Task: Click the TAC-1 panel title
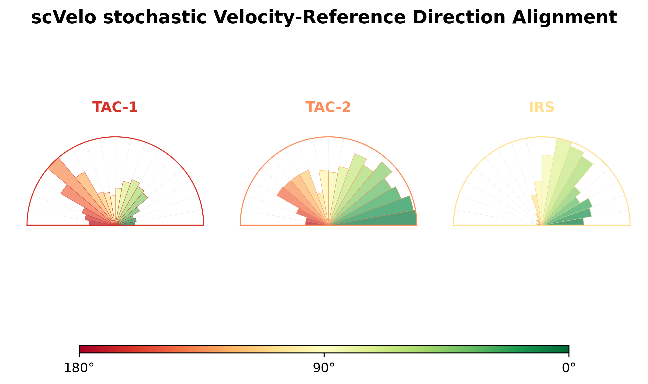[x=115, y=107]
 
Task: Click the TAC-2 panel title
[x=328, y=107]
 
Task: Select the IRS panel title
[x=542, y=107]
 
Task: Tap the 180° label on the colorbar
[x=79, y=368]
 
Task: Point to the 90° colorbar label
[x=324, y=368]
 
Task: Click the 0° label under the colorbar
[x=569, y=368]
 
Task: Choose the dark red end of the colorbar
[x=83, y=349]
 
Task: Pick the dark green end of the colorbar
[x=565, y=349]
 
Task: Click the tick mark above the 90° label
[x=324, y=355]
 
